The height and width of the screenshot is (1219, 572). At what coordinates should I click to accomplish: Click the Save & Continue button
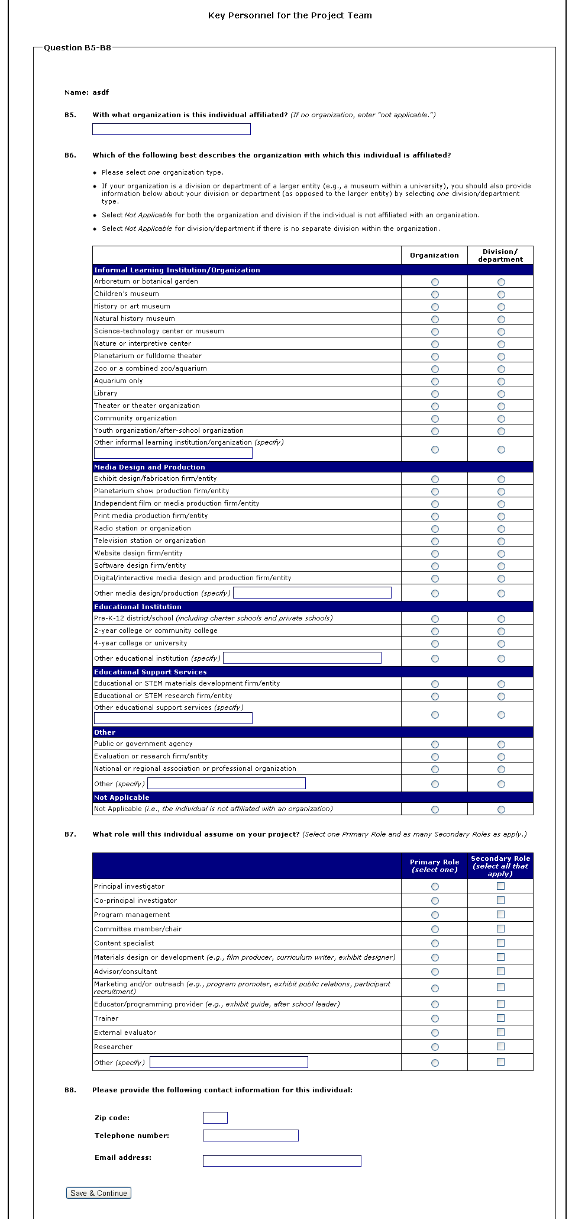[98, 1193]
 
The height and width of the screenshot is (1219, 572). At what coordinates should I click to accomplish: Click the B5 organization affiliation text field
[171, 129]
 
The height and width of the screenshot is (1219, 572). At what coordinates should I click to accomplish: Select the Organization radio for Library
[435, 394]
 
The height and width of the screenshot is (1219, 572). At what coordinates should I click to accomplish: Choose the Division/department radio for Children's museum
[501, 295]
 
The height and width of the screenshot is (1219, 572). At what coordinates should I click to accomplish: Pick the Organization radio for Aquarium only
[435, 382]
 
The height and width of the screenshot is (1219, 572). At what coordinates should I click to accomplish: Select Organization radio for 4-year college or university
[435, 644]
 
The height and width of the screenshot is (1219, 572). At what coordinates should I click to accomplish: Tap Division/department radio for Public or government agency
[501, 745]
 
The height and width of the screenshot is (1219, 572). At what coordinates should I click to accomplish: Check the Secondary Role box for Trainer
[500, 1018]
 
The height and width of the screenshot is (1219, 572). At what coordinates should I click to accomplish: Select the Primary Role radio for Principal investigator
[435, 887]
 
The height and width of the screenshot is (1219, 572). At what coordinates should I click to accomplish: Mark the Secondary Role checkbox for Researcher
[500, 1047]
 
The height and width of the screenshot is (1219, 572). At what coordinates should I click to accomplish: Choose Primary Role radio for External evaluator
[435, 1033]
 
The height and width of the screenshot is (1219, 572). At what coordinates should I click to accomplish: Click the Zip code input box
[215, 1118]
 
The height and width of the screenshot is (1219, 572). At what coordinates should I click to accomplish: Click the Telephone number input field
[250, 1136]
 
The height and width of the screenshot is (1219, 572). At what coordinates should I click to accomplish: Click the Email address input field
[282, 1161]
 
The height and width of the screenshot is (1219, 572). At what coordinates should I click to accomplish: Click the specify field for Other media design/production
[312, 593]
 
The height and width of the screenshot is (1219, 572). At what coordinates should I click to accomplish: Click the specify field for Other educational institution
[302, 658]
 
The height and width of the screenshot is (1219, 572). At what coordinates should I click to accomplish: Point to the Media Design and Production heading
[150, 467]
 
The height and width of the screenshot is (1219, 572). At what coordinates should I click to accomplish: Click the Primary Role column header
[434, 866]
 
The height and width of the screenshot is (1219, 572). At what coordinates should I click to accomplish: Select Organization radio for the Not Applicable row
[435, 810]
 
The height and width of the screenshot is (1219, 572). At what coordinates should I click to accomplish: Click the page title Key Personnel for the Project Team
[290, 15]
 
